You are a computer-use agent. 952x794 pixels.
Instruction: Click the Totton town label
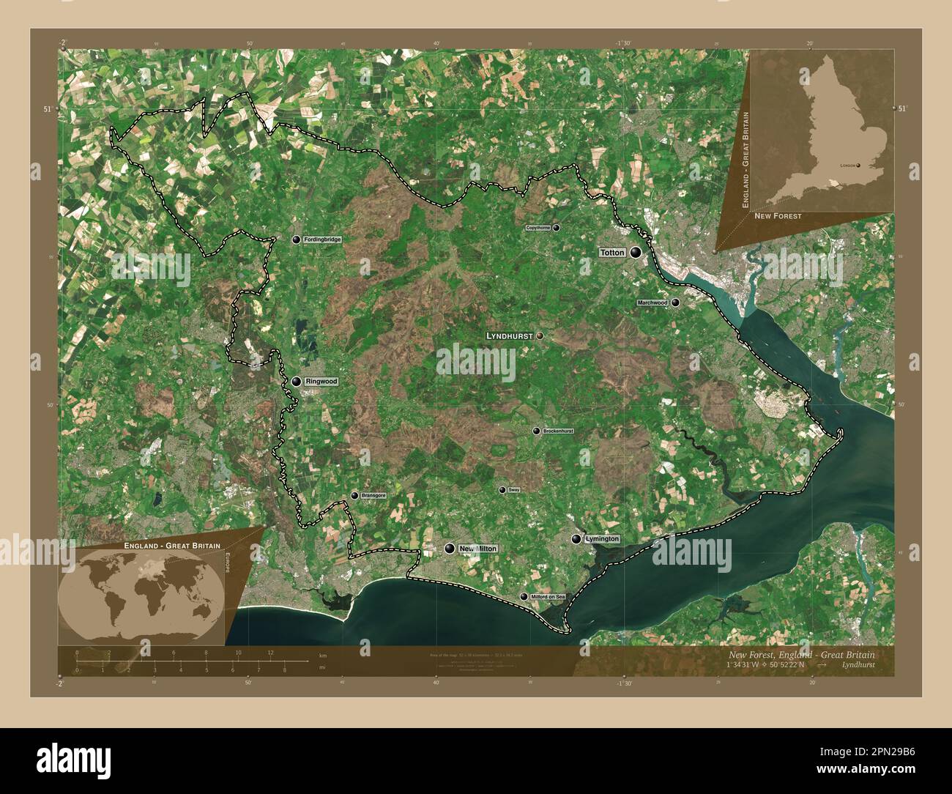click(x=612, y=253)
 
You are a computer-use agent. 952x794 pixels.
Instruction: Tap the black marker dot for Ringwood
click(x=297, y=382)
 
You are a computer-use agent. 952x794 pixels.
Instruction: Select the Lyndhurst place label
click(x=510, y=335)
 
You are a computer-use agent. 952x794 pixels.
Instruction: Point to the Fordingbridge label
click(x=323, y=240)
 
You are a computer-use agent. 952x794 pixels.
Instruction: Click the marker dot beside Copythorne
click(x=557, y=229)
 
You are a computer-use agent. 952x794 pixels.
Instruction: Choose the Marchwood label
click(x=652, y=303)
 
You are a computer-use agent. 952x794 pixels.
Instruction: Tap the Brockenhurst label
click(x=558, y=431)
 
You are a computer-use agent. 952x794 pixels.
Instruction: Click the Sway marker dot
click(x=502, y=490)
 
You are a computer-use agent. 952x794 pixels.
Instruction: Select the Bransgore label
click(x=373, y=496)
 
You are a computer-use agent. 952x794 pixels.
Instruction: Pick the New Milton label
click(x=477, y=549)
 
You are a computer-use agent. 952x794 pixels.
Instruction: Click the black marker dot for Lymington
click(x=576, y=539)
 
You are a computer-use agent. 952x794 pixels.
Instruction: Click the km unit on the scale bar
click(x=323, y=653)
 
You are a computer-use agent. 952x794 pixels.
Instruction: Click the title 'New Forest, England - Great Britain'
click(x=801, y=654)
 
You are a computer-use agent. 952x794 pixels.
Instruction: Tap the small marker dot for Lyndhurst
click(x=540, y=335)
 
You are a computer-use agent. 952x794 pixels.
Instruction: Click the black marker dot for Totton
click(x=635, y=253)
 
